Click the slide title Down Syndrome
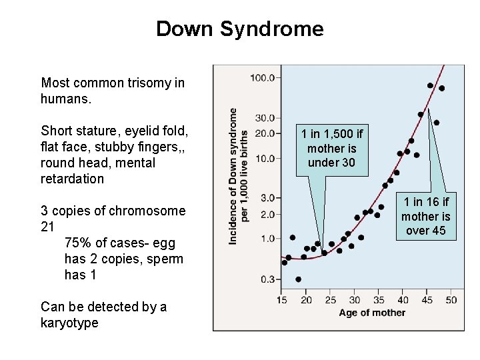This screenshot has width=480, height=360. pos(239,29)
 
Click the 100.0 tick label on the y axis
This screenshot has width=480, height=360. pos(262,77)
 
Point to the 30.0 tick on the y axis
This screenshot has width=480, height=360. pos(264,118)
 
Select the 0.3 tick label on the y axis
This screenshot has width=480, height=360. pos(267,279)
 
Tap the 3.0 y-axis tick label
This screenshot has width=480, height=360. pos(267,198)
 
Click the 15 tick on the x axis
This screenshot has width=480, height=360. pos(283,300)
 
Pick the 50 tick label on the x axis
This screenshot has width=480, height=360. pos(451,300)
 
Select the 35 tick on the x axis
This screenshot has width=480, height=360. pos(379,300)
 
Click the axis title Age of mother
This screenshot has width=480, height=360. pos(372,313)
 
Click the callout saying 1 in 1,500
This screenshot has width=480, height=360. pos(332,149)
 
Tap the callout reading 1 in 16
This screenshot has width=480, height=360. pos(426,216)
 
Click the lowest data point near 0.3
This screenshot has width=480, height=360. pos(298,279)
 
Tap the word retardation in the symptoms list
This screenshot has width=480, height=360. pos(73,179)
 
